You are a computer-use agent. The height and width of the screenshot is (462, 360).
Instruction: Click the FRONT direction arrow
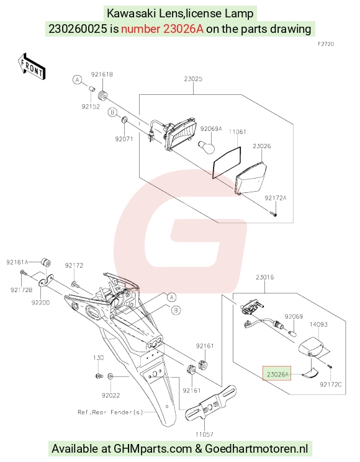tap(31, 66)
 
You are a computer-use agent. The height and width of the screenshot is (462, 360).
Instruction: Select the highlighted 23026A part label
tap(277, 375)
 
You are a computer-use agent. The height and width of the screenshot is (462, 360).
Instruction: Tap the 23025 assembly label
tap(193, 79)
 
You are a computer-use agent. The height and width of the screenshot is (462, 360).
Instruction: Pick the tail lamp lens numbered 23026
tap(251, 178)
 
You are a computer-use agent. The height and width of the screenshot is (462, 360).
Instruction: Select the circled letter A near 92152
tap(77, 79)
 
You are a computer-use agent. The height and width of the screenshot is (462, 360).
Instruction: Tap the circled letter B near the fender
tap(176, 310)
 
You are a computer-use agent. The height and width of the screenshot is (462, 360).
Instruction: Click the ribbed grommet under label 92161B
tap(102, 95)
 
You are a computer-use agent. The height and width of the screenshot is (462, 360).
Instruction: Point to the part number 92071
tap(124, 139)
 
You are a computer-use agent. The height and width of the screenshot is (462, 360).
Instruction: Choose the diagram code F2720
tap(326, 44)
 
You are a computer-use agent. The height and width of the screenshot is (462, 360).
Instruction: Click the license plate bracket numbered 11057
tap(210, 402)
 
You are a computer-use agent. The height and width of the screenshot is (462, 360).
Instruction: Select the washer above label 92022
tap(110, 376)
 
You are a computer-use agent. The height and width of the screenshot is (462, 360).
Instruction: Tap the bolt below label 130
tap(99, 376)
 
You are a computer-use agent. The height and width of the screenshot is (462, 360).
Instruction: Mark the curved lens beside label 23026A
tap(310, 373)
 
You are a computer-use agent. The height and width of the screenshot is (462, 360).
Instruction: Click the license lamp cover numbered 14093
tap(313, 347)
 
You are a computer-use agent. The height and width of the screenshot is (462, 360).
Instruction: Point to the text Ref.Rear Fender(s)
tap(110, 412)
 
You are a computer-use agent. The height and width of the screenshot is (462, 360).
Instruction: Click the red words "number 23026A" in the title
tap(162, 29)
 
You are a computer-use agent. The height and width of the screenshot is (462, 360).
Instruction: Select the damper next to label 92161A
tap(46, 262)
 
